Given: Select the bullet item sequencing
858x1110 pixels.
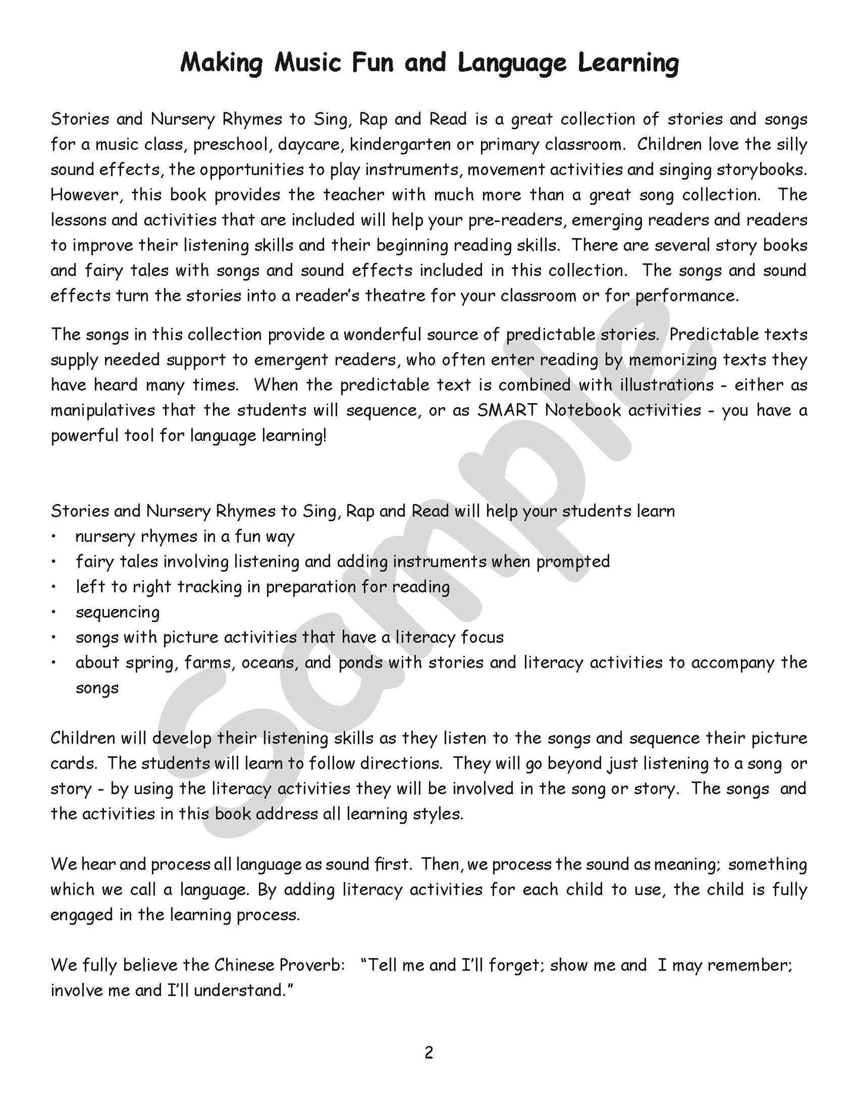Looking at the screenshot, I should (118, 612).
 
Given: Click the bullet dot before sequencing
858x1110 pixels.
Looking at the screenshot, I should (54, 612).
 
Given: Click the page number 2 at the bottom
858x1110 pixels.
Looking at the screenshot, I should (429, 1053).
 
